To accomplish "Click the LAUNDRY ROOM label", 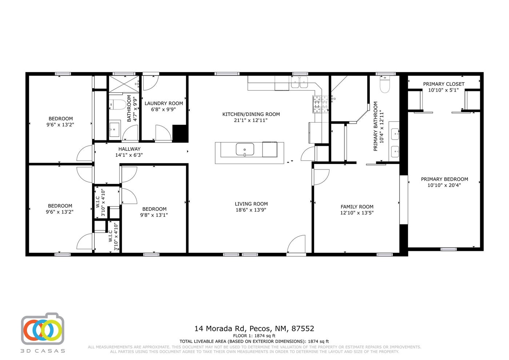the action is [164, 103].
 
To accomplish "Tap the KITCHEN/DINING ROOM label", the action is [251, 114].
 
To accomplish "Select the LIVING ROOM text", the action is [251, 204].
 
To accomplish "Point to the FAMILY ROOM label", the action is [357, 207].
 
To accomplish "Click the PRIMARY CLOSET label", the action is [444, 84].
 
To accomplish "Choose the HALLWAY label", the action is [129, 149].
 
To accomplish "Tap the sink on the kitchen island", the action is [245, 149].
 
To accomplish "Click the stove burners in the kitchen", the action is [321, 104].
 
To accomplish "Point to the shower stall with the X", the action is [124, 84].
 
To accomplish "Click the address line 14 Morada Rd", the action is [254, 329].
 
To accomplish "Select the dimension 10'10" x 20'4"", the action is [444, 185].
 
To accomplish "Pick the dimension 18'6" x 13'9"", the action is [251, 210].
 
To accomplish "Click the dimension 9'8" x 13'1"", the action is [154, 215].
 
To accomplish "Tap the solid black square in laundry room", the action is [180, 133].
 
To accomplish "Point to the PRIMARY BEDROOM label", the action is [444, 179].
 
